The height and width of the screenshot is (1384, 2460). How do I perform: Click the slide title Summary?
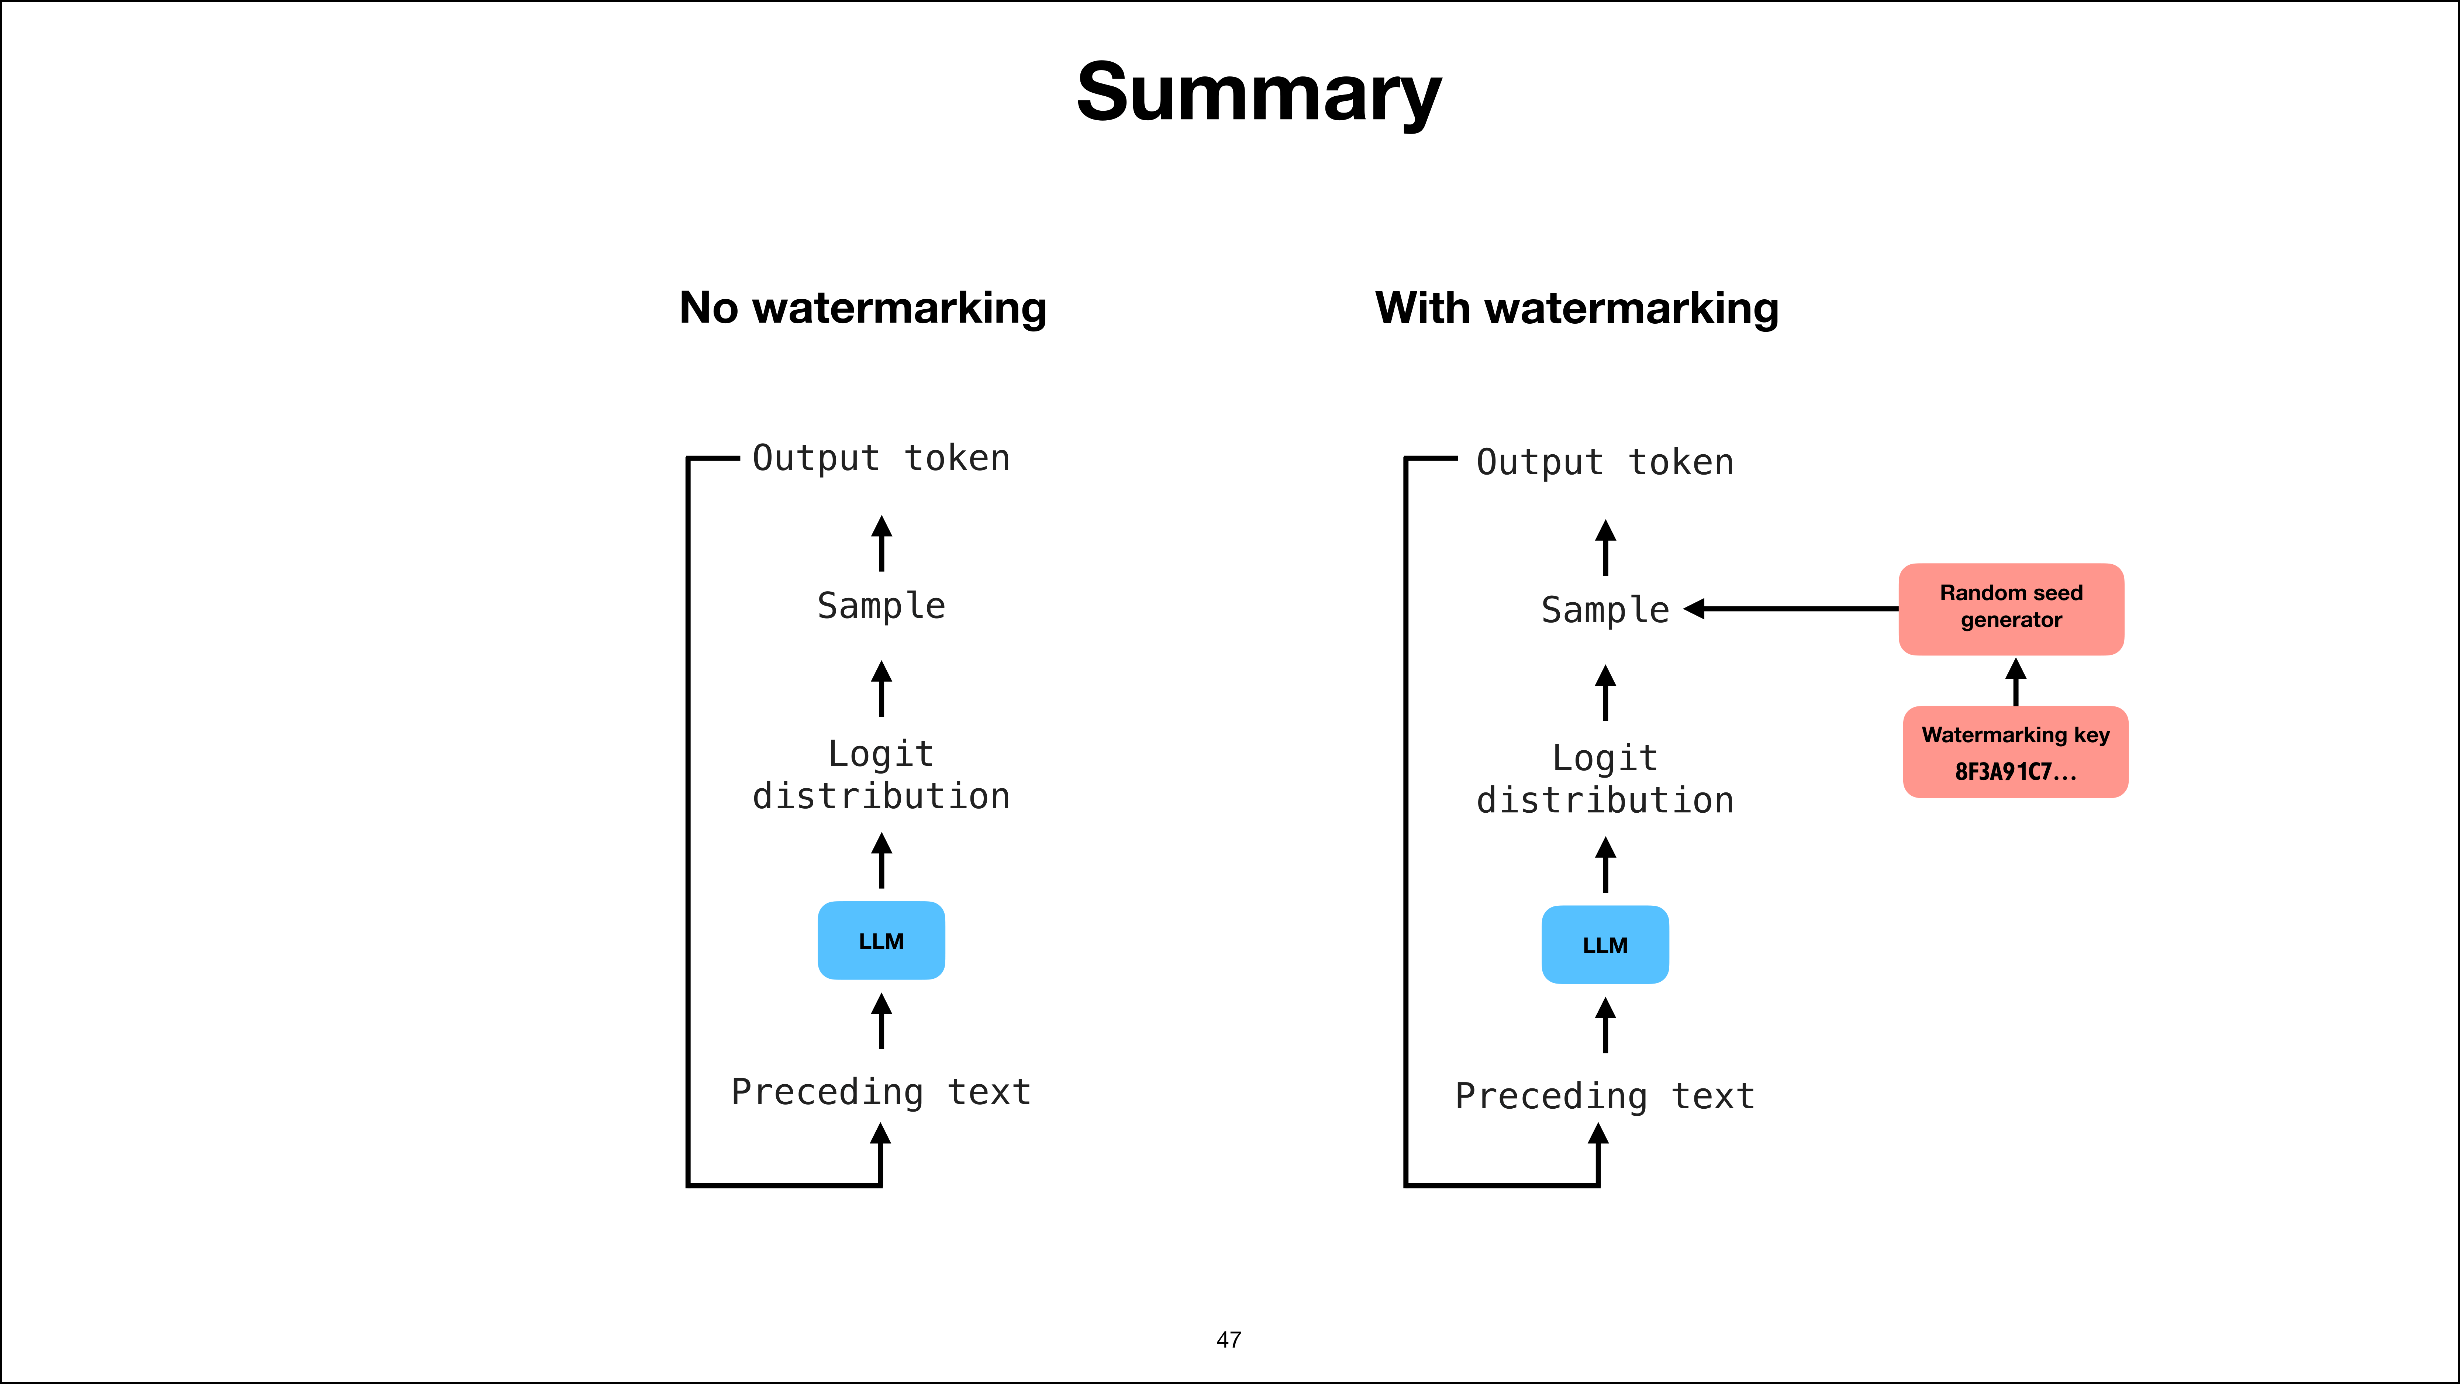click(1259, 93)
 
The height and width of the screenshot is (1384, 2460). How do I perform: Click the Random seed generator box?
click(2011, 609)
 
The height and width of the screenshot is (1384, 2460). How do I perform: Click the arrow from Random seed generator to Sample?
click(1791, 609)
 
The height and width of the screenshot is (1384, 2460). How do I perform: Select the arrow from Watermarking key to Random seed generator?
click(2016, 681)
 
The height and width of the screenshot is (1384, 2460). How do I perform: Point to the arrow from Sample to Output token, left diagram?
click(881, 544)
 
